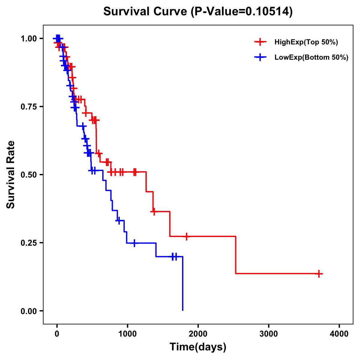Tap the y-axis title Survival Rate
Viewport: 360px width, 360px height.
[11, 174]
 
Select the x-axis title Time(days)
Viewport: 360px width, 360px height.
[198, 347]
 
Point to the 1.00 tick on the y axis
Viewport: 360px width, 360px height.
[28, 39]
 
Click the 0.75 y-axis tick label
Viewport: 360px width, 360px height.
[28, 106]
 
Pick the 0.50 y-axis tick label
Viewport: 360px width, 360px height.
[28, 175]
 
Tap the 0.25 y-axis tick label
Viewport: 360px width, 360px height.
[28, 243]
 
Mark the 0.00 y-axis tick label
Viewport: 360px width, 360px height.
[28, 311]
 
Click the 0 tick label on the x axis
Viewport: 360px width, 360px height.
[57, 334]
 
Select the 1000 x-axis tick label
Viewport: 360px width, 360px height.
[127, 334]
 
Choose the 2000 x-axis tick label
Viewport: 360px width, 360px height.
[198, 334]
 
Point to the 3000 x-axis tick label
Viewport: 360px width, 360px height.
[268, 334]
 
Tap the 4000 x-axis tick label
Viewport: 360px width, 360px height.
[339, 334]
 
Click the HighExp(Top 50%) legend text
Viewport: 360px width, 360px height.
[306, 42]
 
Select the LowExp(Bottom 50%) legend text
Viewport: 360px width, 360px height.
[311, 58]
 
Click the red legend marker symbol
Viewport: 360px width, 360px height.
[260, 42]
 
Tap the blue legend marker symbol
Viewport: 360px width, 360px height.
[260, 57]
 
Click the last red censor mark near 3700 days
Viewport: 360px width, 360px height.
[319, 274]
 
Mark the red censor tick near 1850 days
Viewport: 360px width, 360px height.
[187, 236]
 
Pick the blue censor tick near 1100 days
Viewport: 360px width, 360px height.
[134, 243]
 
